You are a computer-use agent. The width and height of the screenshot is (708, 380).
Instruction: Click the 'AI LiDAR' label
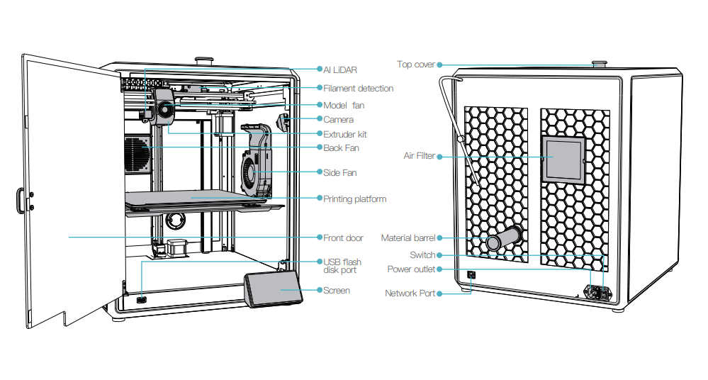pyautogui.click(x=340, y=70)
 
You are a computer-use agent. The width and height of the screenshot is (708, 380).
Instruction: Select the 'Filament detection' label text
pyautogui.click(x=358, y=89)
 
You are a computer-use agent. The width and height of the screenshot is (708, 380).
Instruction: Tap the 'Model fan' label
pyautogui.click(x=344, y=105)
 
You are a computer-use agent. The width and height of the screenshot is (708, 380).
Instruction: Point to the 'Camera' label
pyautogui.click(x=338, y=120)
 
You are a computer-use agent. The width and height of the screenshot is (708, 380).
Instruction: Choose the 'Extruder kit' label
pyautogui.click(x=344, y=134)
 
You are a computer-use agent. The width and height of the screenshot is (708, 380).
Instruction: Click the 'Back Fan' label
pyautogui.click(x=341, y=147)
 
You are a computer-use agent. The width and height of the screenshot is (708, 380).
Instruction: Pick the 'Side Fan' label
pyautogui.click(x=339, y=172)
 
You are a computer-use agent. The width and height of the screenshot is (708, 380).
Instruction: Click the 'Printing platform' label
pyautogui.click(x=354, y=199)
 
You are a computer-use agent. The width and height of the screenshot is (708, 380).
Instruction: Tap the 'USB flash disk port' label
pyautogui.click(x=342, y=266)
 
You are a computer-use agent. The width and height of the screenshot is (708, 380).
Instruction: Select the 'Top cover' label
pyautogui.click(x=415, y=65)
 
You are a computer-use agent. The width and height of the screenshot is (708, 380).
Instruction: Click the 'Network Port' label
pyautogui.click(x=410, y=293)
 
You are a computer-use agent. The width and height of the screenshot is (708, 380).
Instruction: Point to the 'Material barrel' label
pyautogui.click(x=408, y=238)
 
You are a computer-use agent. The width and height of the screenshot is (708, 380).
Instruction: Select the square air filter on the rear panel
pyautogui.click(x=562, y=160)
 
